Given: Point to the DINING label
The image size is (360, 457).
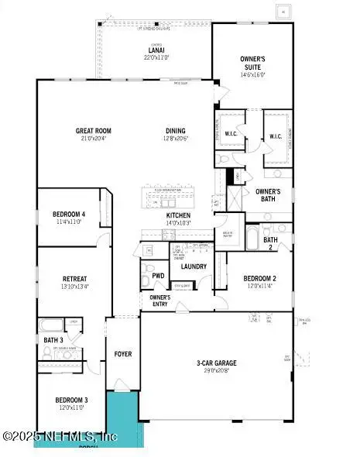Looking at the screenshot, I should pyautogui.click(x=176, y=131).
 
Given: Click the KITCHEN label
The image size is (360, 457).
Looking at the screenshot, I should pyautogui.click(x=178, y=216).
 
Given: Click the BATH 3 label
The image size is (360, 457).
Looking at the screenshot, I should pyautogui.click(x=53, y=339).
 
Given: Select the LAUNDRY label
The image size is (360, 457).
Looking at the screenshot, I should pyautogui.click(x=193, y=266).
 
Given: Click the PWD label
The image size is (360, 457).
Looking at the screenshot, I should pyautogui.click(x=158, y=275).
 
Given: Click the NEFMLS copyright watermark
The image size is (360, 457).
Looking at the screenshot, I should pyautogui.click(x=60, y=438).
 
